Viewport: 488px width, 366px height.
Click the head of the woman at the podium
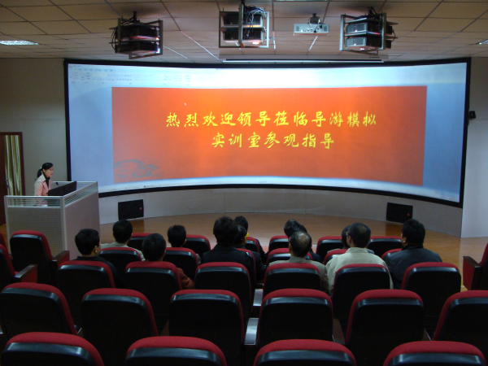(x=46, y=170)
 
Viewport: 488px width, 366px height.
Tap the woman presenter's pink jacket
(x=42, y=185)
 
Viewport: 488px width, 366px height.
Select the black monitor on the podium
(x=63, y=189)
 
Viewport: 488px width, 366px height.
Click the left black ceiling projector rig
(x=137, y=37)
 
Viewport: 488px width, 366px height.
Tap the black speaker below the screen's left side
(x=131, y=210)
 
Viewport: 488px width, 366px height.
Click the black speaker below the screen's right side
(x=399, y=212)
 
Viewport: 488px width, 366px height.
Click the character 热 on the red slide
(x=173, y=120)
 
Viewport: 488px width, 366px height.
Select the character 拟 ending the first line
(x=369, y=120)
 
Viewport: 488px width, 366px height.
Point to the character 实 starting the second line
(x=219, y=141)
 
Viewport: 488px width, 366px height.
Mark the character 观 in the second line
(x=291, y=141)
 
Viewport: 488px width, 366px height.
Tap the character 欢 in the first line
(x=210, y=120)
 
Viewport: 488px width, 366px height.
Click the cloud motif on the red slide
(x=136, y=169)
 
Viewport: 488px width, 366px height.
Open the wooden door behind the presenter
(x=13, y=164)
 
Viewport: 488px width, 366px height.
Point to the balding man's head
(x=300, y=244)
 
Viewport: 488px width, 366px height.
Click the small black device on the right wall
(x=472, y=115)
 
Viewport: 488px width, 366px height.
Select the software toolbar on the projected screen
(x=131, y=76)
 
